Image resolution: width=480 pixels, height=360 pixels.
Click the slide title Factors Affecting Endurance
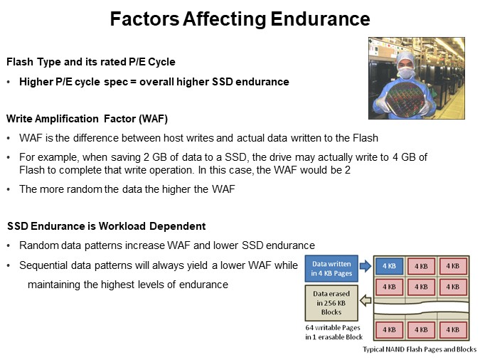(240, 19)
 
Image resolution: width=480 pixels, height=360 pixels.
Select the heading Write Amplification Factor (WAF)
(87, 117)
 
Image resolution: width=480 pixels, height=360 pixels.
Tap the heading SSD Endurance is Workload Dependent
(106, 226)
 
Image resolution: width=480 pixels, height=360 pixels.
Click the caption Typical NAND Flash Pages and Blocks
(420, 349)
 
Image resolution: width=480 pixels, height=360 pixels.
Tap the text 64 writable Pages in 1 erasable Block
(334, 332)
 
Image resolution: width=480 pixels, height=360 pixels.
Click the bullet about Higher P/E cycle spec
(154, 82)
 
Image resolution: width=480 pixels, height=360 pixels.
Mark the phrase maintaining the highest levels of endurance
(127, 285)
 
